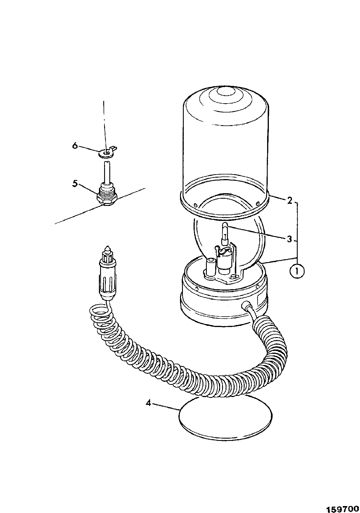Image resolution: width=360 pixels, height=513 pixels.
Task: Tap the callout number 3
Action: coord(289,240)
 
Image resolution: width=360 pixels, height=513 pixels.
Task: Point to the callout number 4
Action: coord(148,403)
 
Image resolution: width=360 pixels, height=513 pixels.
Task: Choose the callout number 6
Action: coord(75,146)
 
